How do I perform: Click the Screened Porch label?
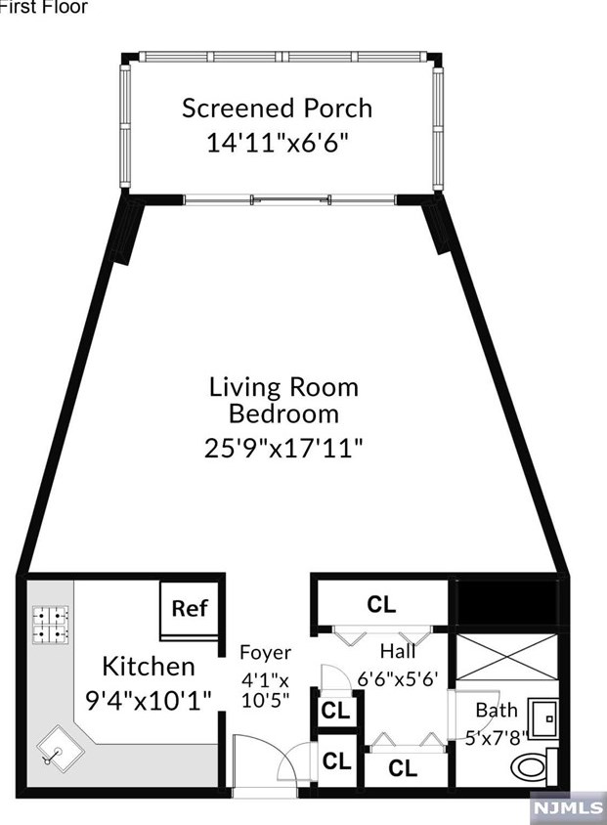pyautogui.click(x=277, y=108)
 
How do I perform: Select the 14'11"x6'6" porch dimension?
pyautogui.click(x=277, y=143)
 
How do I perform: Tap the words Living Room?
pyautogui.click(x=283, y=386)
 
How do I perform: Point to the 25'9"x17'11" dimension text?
pyautogui.click(x=283, y=449)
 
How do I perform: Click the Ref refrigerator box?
pyautogui.click(x=190, y=608)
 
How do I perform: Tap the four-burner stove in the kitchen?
pyautogui.click(x=51, y=627)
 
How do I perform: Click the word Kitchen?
pyautogui.click(x=149, y=667)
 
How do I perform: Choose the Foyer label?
pyautogui.click(x=266, y=652)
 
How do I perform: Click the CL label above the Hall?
pyautogui.click(x=381, y=604)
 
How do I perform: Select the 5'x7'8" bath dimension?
pyautogui.click(x=495, y=738)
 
